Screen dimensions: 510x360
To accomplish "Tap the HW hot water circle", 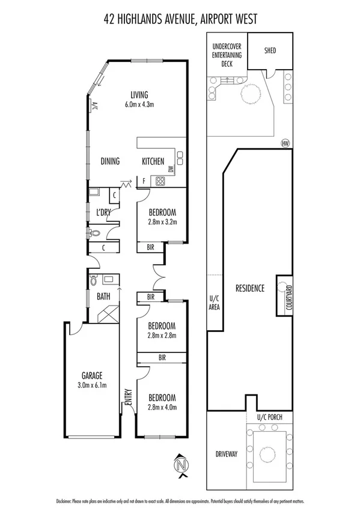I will point(285,143).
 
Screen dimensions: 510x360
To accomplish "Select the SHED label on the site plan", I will point(269,51).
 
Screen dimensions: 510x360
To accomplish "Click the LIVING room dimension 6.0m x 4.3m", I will point(139,104).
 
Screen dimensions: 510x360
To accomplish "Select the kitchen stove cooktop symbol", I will point(160,180).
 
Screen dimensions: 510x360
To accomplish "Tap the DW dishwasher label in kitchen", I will point(171,170).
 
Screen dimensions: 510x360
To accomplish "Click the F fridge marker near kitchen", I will point(143,180).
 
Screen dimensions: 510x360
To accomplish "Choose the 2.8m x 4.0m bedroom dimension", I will point(161,407).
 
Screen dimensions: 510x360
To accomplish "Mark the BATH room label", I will point(103,296).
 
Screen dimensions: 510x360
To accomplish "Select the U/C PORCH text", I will point(269,417).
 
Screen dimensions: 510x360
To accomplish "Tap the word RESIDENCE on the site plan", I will point(249,288).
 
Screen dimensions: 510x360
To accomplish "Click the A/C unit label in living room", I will point(95,106).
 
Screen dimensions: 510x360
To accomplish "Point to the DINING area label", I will point(110,161).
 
